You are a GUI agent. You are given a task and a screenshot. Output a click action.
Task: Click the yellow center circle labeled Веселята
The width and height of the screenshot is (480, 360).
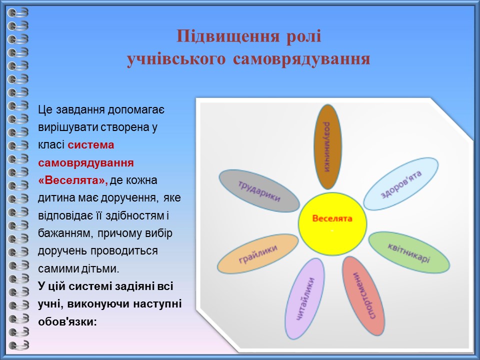click(x=332, y=224)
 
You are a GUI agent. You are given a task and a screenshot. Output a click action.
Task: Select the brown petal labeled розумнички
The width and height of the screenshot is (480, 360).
click(x=328, y=146)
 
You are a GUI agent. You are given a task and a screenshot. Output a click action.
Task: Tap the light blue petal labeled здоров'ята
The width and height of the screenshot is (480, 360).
click(x=401, y=183)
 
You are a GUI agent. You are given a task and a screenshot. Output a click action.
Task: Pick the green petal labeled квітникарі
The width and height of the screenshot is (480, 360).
click(x=409, y=252)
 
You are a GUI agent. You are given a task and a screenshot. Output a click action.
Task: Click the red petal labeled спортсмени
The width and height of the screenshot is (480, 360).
click(x=363, y=295)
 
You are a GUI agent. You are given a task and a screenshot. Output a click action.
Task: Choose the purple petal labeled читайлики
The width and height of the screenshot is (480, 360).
click(x=305, y=298)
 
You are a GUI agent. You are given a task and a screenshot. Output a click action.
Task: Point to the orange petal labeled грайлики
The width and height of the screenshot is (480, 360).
click(x=258, y=254)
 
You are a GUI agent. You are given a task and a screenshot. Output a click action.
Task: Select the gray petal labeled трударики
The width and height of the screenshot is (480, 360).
click(x=259, y=191)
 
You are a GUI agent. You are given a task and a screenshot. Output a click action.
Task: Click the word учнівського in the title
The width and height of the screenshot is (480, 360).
click(x=176, y=59)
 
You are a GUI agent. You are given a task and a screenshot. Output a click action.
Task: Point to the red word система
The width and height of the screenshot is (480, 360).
click(x=91, y=144)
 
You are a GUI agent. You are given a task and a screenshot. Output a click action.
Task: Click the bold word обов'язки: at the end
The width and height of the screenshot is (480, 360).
click(x=67, y=321)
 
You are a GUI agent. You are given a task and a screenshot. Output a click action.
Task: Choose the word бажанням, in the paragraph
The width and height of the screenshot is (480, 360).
click(x=65, y=233)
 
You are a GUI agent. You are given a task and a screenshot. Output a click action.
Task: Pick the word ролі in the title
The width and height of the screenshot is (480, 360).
click(x=303, y=36)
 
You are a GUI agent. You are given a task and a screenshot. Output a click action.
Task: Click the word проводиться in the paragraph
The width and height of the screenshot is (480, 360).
click(x=123, y=251)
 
